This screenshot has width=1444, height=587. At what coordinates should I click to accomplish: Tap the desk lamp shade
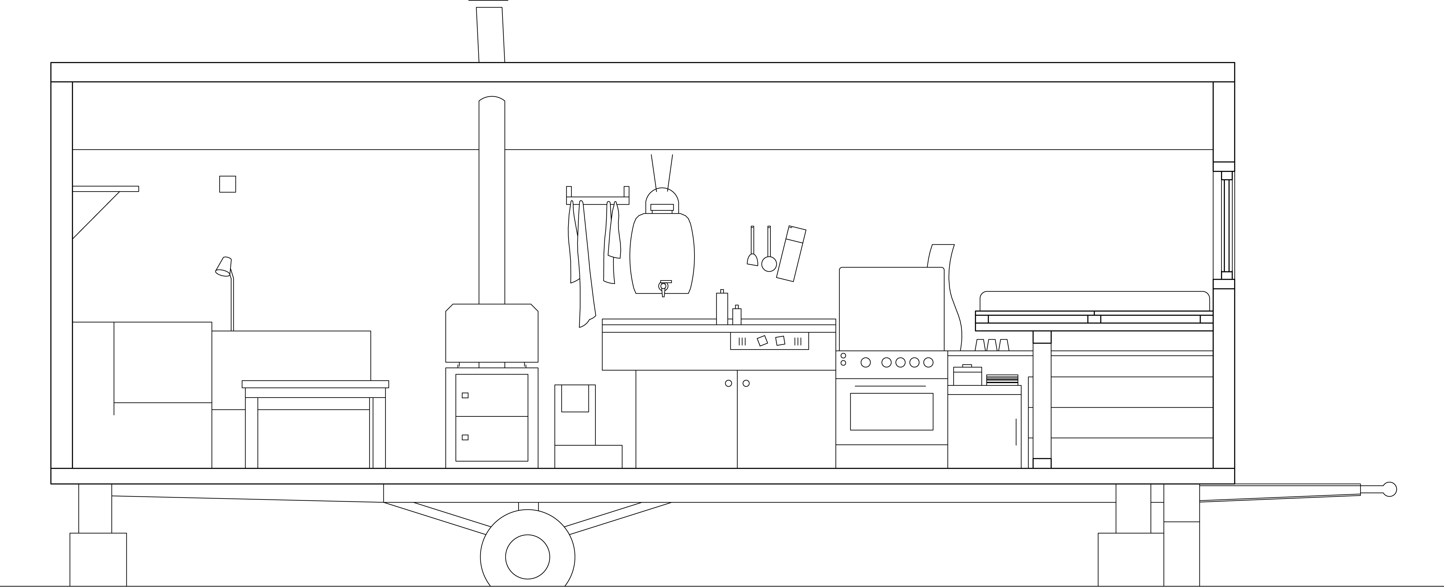pos(224,267)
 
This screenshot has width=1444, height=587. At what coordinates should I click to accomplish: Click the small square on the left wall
pos(227,184)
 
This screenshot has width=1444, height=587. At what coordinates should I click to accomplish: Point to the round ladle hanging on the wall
pos(769,263)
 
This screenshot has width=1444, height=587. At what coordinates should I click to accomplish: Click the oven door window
pos(891,412)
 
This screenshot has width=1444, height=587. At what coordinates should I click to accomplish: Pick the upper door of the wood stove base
pos(492,395)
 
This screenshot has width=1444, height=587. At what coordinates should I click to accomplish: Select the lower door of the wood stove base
pos(492,438)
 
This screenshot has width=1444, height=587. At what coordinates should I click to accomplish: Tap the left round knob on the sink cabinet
pos(728,384)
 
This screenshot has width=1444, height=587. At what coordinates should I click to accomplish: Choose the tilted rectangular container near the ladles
pos(791,254)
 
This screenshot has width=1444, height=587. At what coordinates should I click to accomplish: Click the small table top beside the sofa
pos(315,384)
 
